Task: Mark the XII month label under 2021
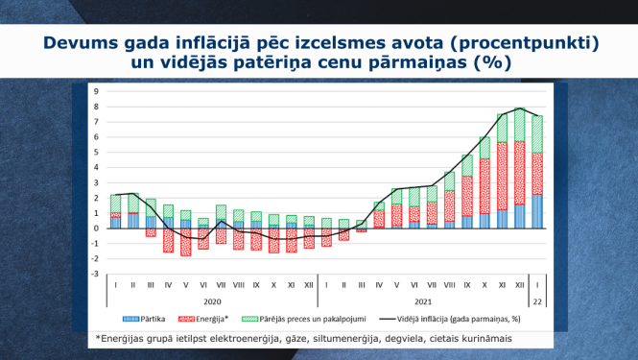519,285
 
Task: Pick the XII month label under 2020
308,285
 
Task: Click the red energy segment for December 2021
519,173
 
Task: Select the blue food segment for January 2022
537,211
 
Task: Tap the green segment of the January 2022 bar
537,134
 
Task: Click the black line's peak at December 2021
519,108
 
